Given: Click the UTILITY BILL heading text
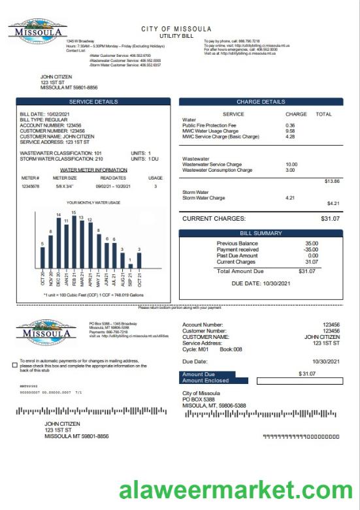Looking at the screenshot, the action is (176, 36).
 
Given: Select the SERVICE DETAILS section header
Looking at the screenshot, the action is (93, 102).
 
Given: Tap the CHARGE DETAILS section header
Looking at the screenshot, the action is (261, 102).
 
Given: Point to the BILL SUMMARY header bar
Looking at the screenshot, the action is (261, 233).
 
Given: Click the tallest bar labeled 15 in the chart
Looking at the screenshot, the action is (74, 242).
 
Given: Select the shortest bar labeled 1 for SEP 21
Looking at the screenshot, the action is (131, 266).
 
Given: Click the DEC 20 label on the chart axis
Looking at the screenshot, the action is (59, 279).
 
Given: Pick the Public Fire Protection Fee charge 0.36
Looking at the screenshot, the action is (290, 125).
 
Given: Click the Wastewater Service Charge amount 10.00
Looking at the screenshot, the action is (291, 165).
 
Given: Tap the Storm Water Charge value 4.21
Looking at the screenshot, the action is (291, 198).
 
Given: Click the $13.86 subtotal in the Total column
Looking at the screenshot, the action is (331, 181).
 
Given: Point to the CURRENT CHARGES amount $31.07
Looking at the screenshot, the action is (330, 219).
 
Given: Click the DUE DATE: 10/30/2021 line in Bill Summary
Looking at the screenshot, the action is (260, 283).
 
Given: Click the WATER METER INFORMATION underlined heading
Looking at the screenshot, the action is (93, 170).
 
